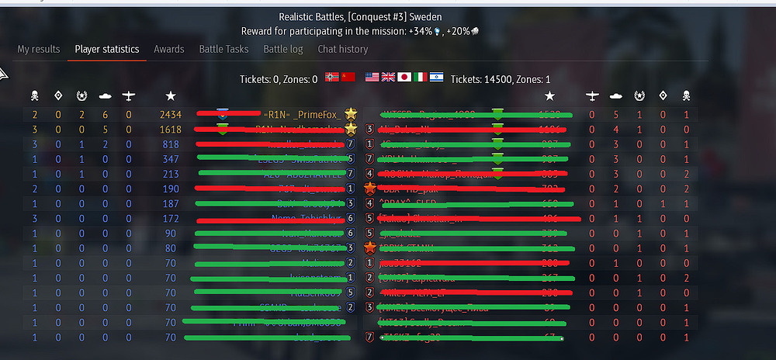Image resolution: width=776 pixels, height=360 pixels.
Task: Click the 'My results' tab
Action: pyautogui.click(x=38, y=49)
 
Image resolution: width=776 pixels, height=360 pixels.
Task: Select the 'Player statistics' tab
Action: pyautogui.click(x=107, y=49)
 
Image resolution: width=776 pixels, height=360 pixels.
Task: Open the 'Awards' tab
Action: pyautogui.click(x=169, y=49)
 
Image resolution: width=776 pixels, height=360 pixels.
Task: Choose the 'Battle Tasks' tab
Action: pyautogui.click(x=223, y=49)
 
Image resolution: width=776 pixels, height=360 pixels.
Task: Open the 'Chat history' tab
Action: pyautogui.click(x=342, y=49)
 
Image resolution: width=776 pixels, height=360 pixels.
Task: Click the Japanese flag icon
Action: pyautogui.click(x=404, y=78)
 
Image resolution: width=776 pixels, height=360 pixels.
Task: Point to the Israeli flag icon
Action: pyautogui.click(x=436, y=78)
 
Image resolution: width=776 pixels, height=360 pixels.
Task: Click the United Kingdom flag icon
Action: pyautogui.click(x=388, y=78)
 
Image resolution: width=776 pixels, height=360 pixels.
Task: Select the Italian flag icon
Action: pyautogui.click(x=420, y=78)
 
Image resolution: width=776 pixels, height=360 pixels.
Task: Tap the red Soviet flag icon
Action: pyautogui.click(x=348, y=78)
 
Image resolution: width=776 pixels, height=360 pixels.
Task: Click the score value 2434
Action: pyautogui.click(x=170, y=115)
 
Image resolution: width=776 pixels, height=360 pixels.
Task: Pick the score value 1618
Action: pyautogui.click(x=170, y=130)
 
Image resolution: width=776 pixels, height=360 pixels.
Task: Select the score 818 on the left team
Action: pyautogui.click(x=171, y=144)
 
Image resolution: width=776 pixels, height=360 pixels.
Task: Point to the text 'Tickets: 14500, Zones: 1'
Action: pyautogui.click(x=501, y=79)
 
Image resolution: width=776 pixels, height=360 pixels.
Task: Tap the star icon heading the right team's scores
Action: pyautogui.click(x=549, y=95)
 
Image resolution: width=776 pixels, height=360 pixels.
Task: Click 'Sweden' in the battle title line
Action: pyautogui.click(x=426, y=17)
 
